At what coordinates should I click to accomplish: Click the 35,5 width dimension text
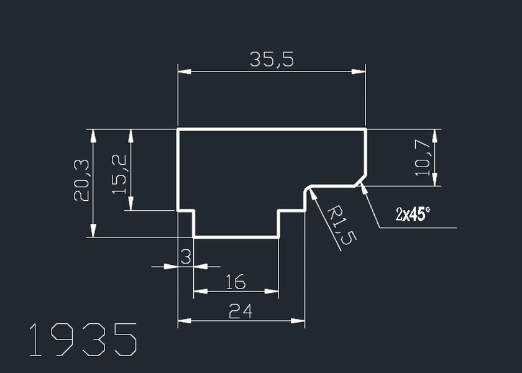click(x=272, y=60)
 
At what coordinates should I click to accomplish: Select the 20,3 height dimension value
click(x=82, y=180)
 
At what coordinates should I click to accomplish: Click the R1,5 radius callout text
click(x=339, y=224)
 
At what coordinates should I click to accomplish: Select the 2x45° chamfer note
click(x=413, y=214)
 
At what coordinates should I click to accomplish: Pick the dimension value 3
click(x=185, y=256)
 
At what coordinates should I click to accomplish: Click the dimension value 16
click(x=236, y=282)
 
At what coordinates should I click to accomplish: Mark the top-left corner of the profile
click(x=178, y=129)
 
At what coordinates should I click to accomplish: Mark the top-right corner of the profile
click(x=365, y=129)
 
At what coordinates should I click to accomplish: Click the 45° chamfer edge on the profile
click(x=360, y=180)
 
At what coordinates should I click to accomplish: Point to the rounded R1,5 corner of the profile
click(x=307, y=188)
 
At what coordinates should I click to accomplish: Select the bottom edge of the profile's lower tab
click(x=236, y=237)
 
